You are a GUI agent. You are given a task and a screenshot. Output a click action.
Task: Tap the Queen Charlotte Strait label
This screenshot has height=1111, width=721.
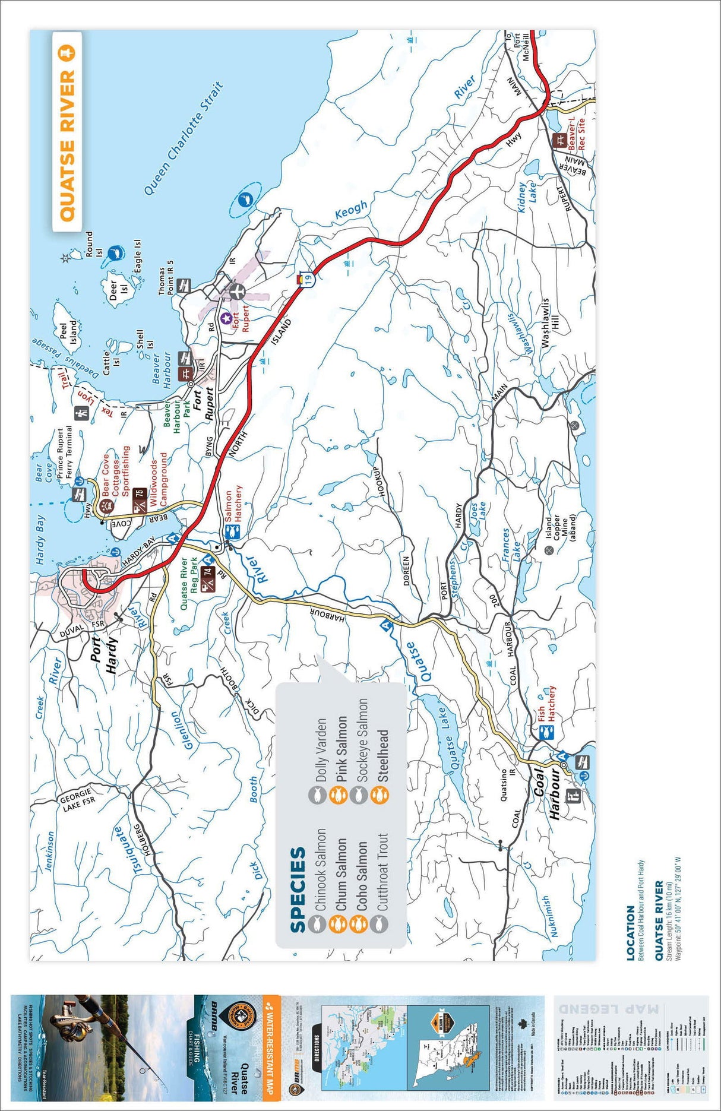184,138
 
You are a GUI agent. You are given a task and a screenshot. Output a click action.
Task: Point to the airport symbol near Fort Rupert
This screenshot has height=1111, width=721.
236,292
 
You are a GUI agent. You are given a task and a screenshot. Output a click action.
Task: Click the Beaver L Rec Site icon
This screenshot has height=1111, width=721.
559,140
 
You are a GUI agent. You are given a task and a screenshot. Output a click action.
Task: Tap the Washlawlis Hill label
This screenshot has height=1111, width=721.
549,322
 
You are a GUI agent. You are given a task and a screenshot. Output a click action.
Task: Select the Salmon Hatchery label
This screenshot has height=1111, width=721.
234,504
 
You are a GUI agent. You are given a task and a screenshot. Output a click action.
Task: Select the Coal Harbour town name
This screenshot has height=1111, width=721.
547,794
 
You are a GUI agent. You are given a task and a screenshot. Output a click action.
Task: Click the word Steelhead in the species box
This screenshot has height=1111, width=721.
383,755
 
